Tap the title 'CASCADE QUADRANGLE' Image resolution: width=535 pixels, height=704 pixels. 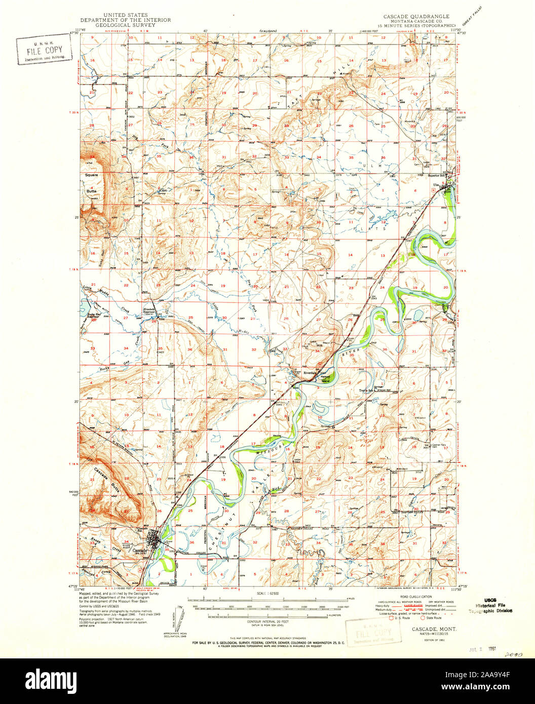(413, 16)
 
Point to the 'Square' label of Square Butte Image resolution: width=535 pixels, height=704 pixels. (91, 175)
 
